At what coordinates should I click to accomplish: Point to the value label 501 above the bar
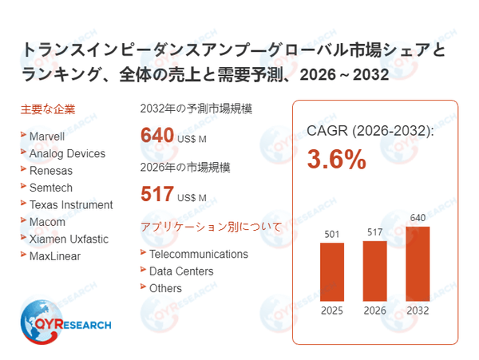click(331, 234)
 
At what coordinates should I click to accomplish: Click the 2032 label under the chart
click(418, 311)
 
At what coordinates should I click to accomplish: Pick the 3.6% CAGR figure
click(337, 160)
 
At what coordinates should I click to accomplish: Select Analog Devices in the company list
click(66, 152)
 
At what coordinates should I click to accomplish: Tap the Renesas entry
click(50, 170)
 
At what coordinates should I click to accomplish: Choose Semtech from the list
click(52, 187)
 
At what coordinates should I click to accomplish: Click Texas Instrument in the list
click(71, 204)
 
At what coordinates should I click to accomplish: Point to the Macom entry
click(47, 221)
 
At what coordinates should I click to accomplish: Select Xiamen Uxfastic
click(68, 239)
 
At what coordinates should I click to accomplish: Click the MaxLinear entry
click(54, 255)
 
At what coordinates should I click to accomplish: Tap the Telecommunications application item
click(198, 254)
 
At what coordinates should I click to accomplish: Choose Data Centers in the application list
click(181, 271)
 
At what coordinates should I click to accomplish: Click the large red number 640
click(157, 134)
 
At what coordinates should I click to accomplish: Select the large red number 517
click(157, 194)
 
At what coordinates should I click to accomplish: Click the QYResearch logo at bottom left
click(66, 326)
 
